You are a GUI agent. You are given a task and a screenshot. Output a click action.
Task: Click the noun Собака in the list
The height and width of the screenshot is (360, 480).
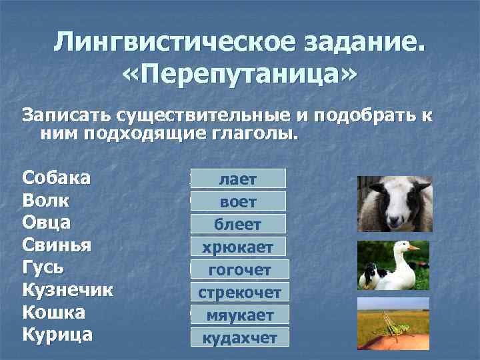pos(57,178)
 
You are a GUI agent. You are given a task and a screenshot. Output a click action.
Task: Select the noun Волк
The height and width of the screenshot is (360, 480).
pos(46,201)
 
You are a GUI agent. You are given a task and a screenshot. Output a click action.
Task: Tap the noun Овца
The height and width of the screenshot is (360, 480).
pos(47,223)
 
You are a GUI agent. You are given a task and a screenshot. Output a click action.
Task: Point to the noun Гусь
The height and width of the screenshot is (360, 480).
pos(44,268)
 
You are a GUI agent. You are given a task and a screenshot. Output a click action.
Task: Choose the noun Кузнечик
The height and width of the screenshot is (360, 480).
pos(67,291)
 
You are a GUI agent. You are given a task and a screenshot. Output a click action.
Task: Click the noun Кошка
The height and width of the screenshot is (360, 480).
pos(53,313)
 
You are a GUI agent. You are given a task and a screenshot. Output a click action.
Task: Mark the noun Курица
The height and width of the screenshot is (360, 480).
pos(57,335)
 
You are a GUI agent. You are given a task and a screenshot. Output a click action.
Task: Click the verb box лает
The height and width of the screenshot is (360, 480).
pos(238,179)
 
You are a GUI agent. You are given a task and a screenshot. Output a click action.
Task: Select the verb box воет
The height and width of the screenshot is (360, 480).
pos(238,201)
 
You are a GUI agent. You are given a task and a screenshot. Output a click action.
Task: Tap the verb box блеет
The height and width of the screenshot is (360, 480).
pos(238,224)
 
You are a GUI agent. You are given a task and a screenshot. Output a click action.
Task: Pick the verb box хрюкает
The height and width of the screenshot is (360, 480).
pos(238,247)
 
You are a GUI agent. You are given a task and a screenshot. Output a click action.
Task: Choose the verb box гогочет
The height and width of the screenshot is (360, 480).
pos(239,269)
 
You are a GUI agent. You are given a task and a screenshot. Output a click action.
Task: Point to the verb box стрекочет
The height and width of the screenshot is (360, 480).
pos(239,292)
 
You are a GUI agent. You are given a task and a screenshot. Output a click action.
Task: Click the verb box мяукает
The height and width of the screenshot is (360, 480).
pos(239,315)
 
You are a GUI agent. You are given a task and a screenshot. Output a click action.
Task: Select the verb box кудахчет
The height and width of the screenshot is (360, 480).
pos(239,337)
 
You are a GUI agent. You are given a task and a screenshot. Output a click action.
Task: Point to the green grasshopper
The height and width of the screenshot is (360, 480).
pos(393,326)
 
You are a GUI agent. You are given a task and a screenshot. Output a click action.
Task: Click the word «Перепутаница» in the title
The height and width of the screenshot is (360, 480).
pos(239,75)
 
